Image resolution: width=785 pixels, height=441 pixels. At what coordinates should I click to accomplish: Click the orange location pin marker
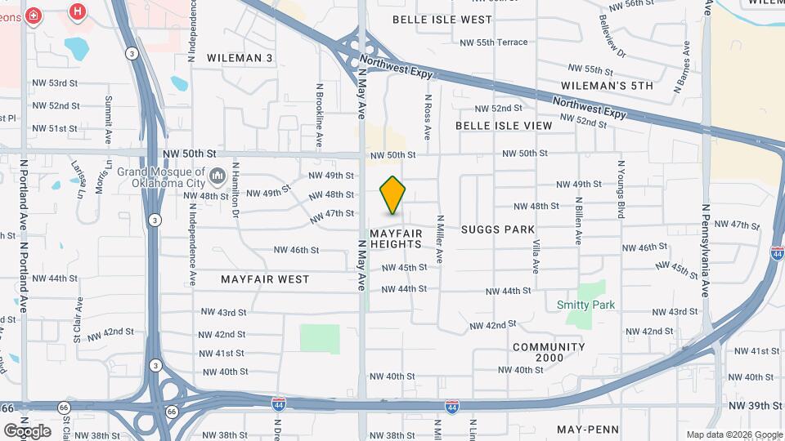click(393, 195)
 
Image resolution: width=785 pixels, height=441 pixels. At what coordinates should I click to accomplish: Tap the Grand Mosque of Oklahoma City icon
click(218, 176)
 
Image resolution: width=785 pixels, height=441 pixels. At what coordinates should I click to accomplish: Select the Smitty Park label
click(585, 305)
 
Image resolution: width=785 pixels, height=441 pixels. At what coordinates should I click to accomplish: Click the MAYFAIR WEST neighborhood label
click(265, 279)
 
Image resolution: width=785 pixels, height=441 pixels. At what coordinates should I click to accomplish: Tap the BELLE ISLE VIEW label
click(504, 126)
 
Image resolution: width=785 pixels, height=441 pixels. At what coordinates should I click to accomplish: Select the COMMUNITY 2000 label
click(549, 353)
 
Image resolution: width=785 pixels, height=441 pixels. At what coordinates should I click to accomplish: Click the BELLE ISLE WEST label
click(442, 19)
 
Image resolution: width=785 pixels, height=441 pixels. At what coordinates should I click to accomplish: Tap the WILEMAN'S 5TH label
click(608, 85)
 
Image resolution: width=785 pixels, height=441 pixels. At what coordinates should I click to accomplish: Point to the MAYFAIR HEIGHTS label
click(396, 238)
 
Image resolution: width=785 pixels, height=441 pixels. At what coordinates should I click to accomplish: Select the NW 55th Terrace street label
click(494, 42)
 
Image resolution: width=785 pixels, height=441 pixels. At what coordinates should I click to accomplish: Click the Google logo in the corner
click(26, 430)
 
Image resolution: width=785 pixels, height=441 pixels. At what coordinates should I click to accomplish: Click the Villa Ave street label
click(536, 256)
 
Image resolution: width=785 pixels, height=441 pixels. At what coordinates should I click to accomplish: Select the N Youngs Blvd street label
click(621, 189)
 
